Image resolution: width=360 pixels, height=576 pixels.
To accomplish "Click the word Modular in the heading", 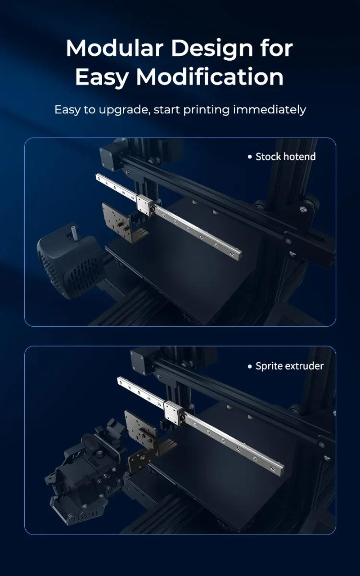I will [114, 48].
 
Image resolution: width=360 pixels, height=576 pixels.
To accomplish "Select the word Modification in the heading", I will [210, 77].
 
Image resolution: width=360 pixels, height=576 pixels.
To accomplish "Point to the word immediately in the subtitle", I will [269, 109].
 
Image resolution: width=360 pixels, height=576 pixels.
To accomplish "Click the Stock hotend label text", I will [285, 157].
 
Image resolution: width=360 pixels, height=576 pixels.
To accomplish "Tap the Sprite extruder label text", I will [289, 366].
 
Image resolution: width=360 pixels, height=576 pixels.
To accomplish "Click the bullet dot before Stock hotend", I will [250, 157].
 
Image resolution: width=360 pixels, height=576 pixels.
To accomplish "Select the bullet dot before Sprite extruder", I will [250, 366].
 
